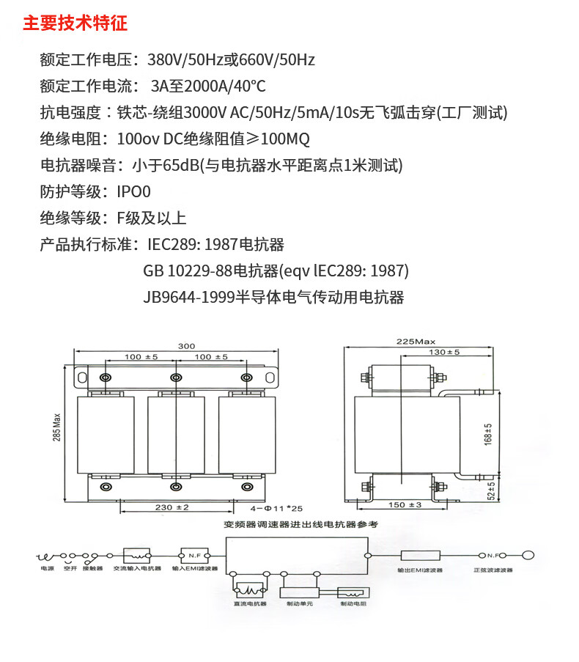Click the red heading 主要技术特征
point(75,23)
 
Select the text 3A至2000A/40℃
point(207,87)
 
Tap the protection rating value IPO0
point(133,192)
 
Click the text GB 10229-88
point(188,271)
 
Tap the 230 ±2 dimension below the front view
point(173,507)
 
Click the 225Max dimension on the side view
point(416,342)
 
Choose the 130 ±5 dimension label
point(443,353)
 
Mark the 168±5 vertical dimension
point(489,435)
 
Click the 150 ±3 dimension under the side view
point(405,505)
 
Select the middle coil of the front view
point(175,434)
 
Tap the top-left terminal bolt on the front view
point(106,378)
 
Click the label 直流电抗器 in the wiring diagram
point(250,604)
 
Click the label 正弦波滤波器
point(493,569)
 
